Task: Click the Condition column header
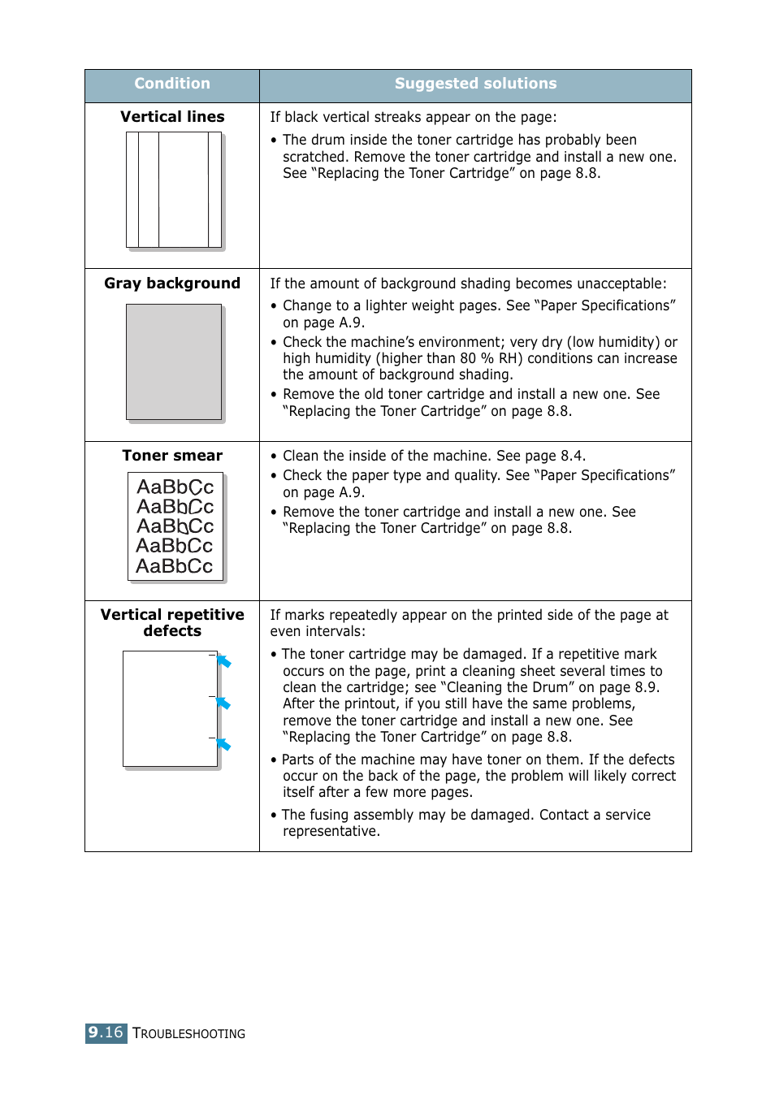pos(172,84)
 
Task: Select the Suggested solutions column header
pos(475,84)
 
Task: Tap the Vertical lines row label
pos(172,117)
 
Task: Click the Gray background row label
pos(172,283)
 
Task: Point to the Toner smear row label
pos(172,456)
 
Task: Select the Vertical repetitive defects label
pos(172,623)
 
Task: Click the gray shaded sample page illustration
pos(174,361)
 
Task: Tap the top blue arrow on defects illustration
pos(224,661)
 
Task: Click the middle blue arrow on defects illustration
pos(224,703)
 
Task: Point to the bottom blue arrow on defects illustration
pos(224,744)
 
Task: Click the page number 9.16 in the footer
pos(106,1032)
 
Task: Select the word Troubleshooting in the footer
pos(188,1034)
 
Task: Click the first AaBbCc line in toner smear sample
pos(175,487)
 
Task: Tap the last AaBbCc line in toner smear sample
pos(175,566)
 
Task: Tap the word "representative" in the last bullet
pos(330,831)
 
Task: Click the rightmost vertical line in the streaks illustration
pos(209,189)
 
